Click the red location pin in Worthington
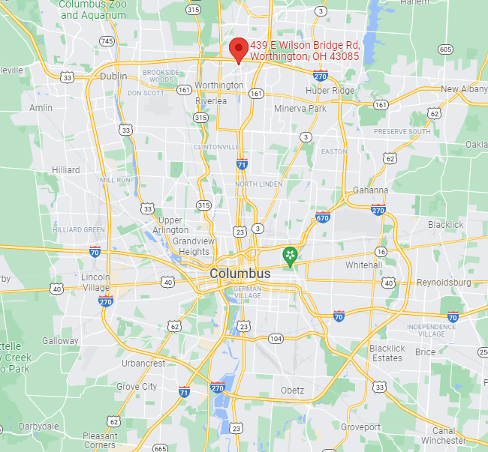click(x=239, y=49)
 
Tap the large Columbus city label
click(x=239, y=274)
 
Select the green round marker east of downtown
click(x=290, y=257)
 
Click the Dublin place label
click(x=113, y=76)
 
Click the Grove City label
click(x=137, y=387)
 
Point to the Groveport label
click(x=360, y=427)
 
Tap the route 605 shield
click(x=445, y=49)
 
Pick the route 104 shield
click(x=276, y=339)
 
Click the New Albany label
click(x=464, y=89)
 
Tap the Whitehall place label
click(x=363, y=265)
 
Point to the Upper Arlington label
click(x=170, y=225)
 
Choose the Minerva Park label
click(x=300, y=109)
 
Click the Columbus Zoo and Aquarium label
click(x=93, y=9)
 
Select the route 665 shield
click(x=159, y=448)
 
